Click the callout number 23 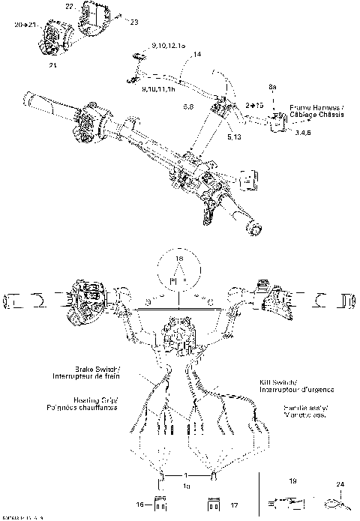(x=135, y=22)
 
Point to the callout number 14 (x=197, y=55)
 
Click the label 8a (x=273, y=88)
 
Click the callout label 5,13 (x=233, y=137)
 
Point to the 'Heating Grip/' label (x=94, y=400)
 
